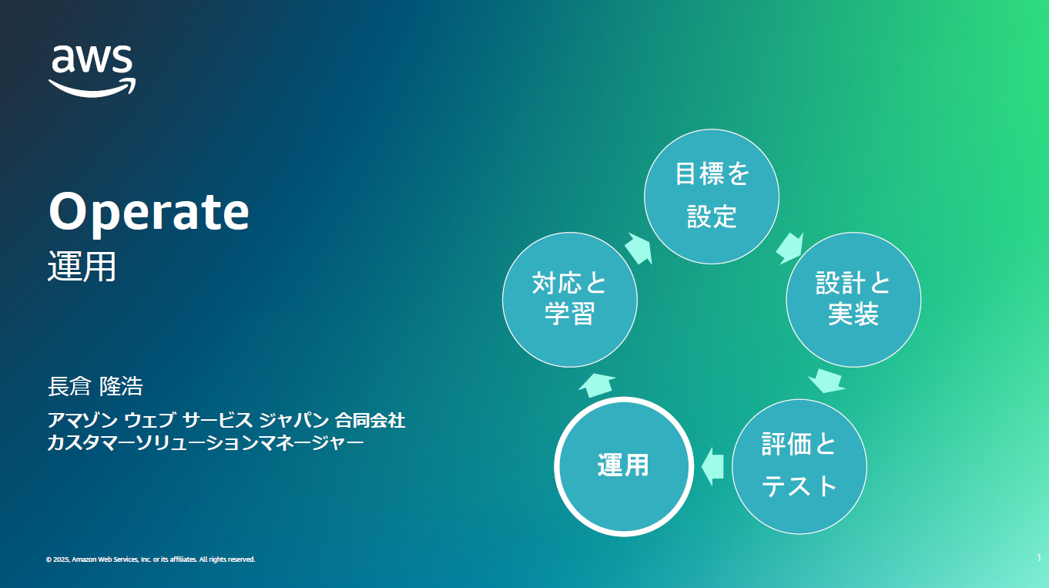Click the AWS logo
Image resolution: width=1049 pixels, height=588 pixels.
[92, 71]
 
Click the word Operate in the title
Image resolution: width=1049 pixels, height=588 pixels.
[149, 213]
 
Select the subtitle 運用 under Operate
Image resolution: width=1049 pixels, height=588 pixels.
[82, 267]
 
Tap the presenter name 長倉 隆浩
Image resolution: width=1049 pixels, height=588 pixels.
[96, 387]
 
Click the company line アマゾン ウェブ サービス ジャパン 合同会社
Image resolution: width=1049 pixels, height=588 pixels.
[226, 420]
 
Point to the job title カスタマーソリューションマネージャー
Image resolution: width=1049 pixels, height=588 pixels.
[206, 443]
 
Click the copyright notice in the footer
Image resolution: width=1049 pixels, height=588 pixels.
[150, 559]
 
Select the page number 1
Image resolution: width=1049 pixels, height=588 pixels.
[1039, 557]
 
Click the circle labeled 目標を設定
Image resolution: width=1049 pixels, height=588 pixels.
[712, 197]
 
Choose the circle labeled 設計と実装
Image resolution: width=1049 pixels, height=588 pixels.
[853, 300]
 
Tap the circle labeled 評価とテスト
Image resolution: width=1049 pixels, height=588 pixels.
[799, 467]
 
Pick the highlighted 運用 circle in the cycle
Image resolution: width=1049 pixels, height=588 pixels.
[624, 467]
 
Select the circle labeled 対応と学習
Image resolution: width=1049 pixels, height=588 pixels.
[570, 300]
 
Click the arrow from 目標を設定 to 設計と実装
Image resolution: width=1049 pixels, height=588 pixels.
[790, 248]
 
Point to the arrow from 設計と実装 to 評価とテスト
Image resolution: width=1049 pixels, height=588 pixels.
[826, 381]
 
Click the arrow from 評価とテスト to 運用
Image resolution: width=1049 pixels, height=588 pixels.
[712, 467]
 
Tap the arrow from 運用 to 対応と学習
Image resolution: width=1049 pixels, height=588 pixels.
[597, 385]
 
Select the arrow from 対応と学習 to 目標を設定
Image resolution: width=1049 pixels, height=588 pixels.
[638, 248]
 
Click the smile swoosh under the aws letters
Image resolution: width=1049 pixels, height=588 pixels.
[92, 88]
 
